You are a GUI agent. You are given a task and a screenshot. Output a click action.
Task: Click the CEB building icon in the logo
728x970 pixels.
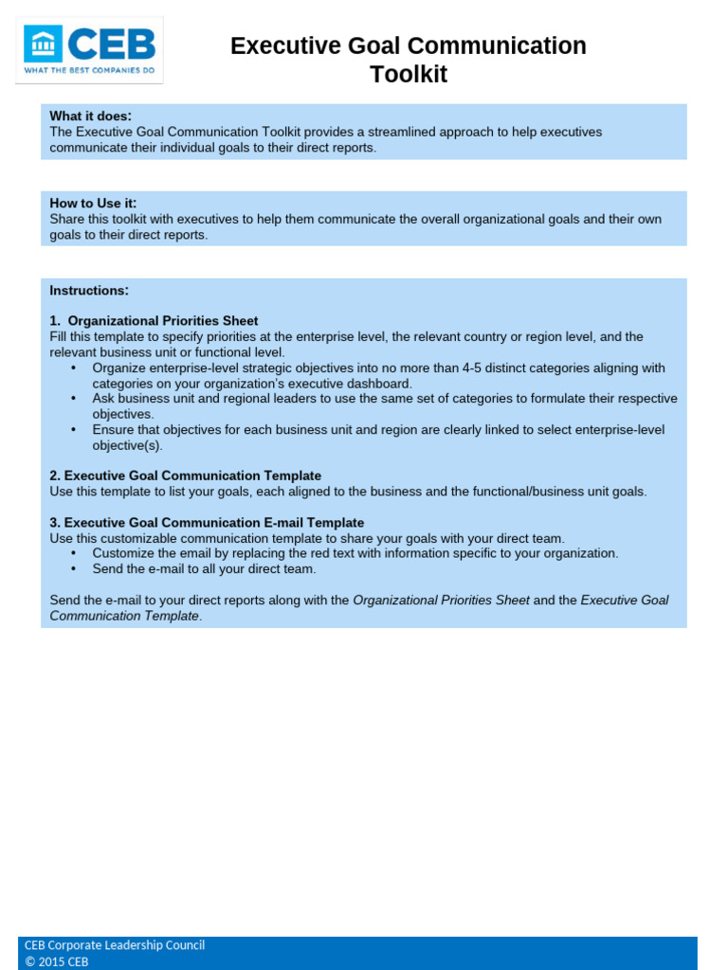tap(44, 44)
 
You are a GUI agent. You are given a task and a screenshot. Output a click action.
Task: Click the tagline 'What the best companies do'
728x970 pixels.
tap(89, 72)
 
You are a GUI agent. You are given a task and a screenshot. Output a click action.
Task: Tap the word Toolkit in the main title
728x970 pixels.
tap(408, 75)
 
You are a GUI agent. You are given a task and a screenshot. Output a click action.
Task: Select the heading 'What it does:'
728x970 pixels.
tap(91, 116)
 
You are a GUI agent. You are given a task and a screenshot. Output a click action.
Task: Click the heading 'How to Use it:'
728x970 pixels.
tap(93, 203)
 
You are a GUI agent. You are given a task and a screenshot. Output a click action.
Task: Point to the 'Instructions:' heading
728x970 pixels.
tap(89, 290)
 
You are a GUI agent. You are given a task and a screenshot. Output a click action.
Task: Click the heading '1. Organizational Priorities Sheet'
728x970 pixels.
tap(154, 321)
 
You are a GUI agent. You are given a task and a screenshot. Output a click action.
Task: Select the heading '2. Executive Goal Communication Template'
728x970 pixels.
tap(185, 476)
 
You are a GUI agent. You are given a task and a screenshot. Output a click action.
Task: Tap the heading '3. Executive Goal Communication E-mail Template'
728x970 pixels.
tap(207, 523)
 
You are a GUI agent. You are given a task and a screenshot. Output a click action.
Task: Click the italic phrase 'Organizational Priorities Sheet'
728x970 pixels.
tap(441, 600)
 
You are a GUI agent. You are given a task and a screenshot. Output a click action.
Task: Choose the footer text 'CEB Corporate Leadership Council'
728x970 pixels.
tap(115, 944)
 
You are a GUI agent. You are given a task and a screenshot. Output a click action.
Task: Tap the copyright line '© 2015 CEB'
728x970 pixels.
tap(56, 961)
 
